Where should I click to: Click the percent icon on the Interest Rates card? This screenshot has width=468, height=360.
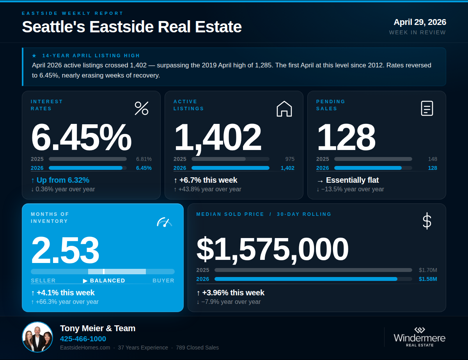click(x=141, y=108)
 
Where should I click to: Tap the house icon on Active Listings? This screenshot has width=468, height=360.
click(x=284, y=109)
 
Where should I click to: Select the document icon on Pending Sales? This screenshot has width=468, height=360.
click(x=427, y=108)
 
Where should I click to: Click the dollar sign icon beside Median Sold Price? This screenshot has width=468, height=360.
click(x=427, y=221)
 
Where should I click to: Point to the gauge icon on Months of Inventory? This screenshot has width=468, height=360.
click(x=164, y=222)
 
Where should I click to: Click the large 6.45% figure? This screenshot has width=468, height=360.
click(x=81, y=137)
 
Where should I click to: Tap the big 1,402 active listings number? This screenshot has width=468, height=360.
click(x=217, y=137)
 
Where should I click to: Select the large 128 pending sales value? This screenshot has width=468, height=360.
click(x=346, y=137)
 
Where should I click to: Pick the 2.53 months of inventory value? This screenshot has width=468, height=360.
click(x=65, y=250)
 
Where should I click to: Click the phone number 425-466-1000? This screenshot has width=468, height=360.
click(x=83, y=339)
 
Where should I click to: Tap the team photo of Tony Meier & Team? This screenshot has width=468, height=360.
click(x=37, y=337)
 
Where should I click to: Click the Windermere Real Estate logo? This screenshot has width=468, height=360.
click(x=419, y=337)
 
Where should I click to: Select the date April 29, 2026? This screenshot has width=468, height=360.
click(x=420, y=22)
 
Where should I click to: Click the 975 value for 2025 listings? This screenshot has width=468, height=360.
click(x=289, y=159)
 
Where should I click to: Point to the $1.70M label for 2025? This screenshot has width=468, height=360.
click(x=428, y=270)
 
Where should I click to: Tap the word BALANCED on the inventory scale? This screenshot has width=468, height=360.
click(x=107, y=281)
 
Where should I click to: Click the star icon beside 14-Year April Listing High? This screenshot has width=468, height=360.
click(x=34, y=56)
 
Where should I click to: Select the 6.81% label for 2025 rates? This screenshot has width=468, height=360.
click(x=144, y=159)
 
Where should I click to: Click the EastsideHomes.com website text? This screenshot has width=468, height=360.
click(x=85, y=348)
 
